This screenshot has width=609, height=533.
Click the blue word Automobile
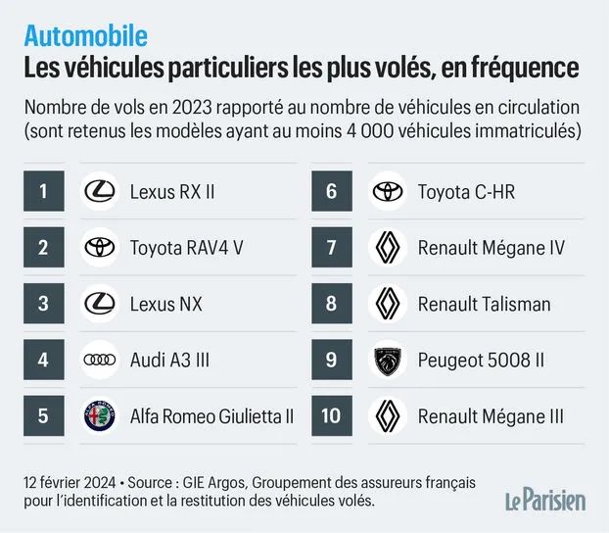pyautogui.click(x=86, y=36)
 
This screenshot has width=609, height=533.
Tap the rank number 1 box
pyautogui.click(x=44, y=191)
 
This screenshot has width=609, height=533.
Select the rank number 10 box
pyautogui.click(x=332, y=415)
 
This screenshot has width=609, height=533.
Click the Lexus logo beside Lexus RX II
pyautogui.click(x=100, y=191)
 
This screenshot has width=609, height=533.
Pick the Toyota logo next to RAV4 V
pyautogui.click(x=100, y=247)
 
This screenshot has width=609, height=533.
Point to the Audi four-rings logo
pyautogui.click(x=100, y=360)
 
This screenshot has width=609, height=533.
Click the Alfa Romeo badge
pyautogui.click(x=100, y=415)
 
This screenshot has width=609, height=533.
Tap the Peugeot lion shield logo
pyautogui.click(x=388, y=360)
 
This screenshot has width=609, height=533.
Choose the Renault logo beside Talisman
pyautogui.click(x=388, y=304)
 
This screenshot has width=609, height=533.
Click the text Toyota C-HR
pyautogui.click(x=466, y=192)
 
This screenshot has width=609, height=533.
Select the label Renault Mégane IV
pyautogui.click(x=491, y=248)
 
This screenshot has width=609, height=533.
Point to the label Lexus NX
pyautogui.click(x=166, y=304)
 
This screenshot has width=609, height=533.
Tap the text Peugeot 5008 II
pyautogui.click(x=481, y=360)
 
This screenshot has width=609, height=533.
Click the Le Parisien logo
pyautogui.click(x=545, y=501)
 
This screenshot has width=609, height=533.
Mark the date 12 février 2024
pyautogui.click(x=70, y=482)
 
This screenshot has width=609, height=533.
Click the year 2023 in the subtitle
pyautogui.click(x=192, y=108)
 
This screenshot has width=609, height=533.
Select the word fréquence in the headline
pyautogui.click(x=525, y=68)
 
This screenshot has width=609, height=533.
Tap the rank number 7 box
pyautogui.click(x=332, y=247)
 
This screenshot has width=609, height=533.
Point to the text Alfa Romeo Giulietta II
pyautogui.click(x=211, y=416)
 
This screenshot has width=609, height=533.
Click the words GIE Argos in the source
pyautogui.click(x=214, y=483)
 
